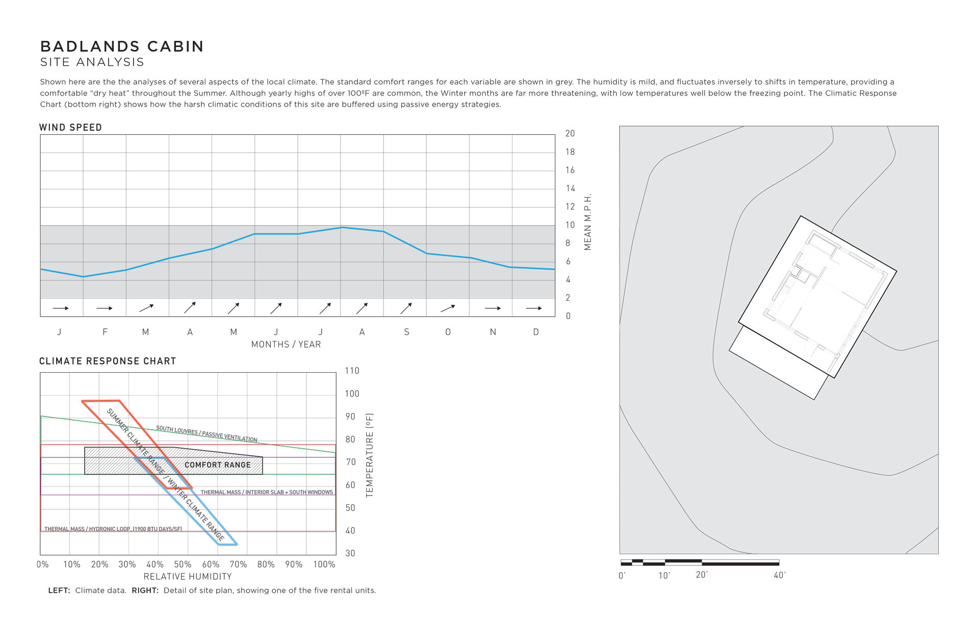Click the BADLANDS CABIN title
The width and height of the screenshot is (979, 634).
pos(122,46)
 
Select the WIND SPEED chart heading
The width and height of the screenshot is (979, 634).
pos(70,128)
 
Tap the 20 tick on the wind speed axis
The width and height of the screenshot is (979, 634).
pos(570,134)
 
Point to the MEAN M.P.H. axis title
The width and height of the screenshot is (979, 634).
pos(588,222)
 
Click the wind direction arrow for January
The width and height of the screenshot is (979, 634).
pos(61,308)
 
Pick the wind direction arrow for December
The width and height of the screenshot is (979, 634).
pos(534,308)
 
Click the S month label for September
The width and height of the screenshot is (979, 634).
pos(406,332)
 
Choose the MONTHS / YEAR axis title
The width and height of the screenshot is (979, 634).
pos(286,345)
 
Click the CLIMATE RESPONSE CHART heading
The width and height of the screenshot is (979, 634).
pos(108,361)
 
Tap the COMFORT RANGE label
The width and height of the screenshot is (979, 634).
pos(218,465)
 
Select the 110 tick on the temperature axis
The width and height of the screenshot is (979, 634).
pos(352,371)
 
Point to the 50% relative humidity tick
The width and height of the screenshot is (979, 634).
pos(183,565)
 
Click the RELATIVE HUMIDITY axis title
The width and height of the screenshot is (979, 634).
pos(188,577)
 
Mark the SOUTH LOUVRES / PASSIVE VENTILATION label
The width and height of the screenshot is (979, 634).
pos(207,434)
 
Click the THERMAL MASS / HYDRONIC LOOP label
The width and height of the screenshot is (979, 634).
pos(113,529)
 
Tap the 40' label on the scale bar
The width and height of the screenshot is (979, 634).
pos(780,575)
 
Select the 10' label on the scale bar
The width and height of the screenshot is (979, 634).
pos(664,576)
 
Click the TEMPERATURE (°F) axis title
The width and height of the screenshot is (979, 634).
pos(370,455)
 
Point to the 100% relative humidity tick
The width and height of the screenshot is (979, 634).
pos(324,565)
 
